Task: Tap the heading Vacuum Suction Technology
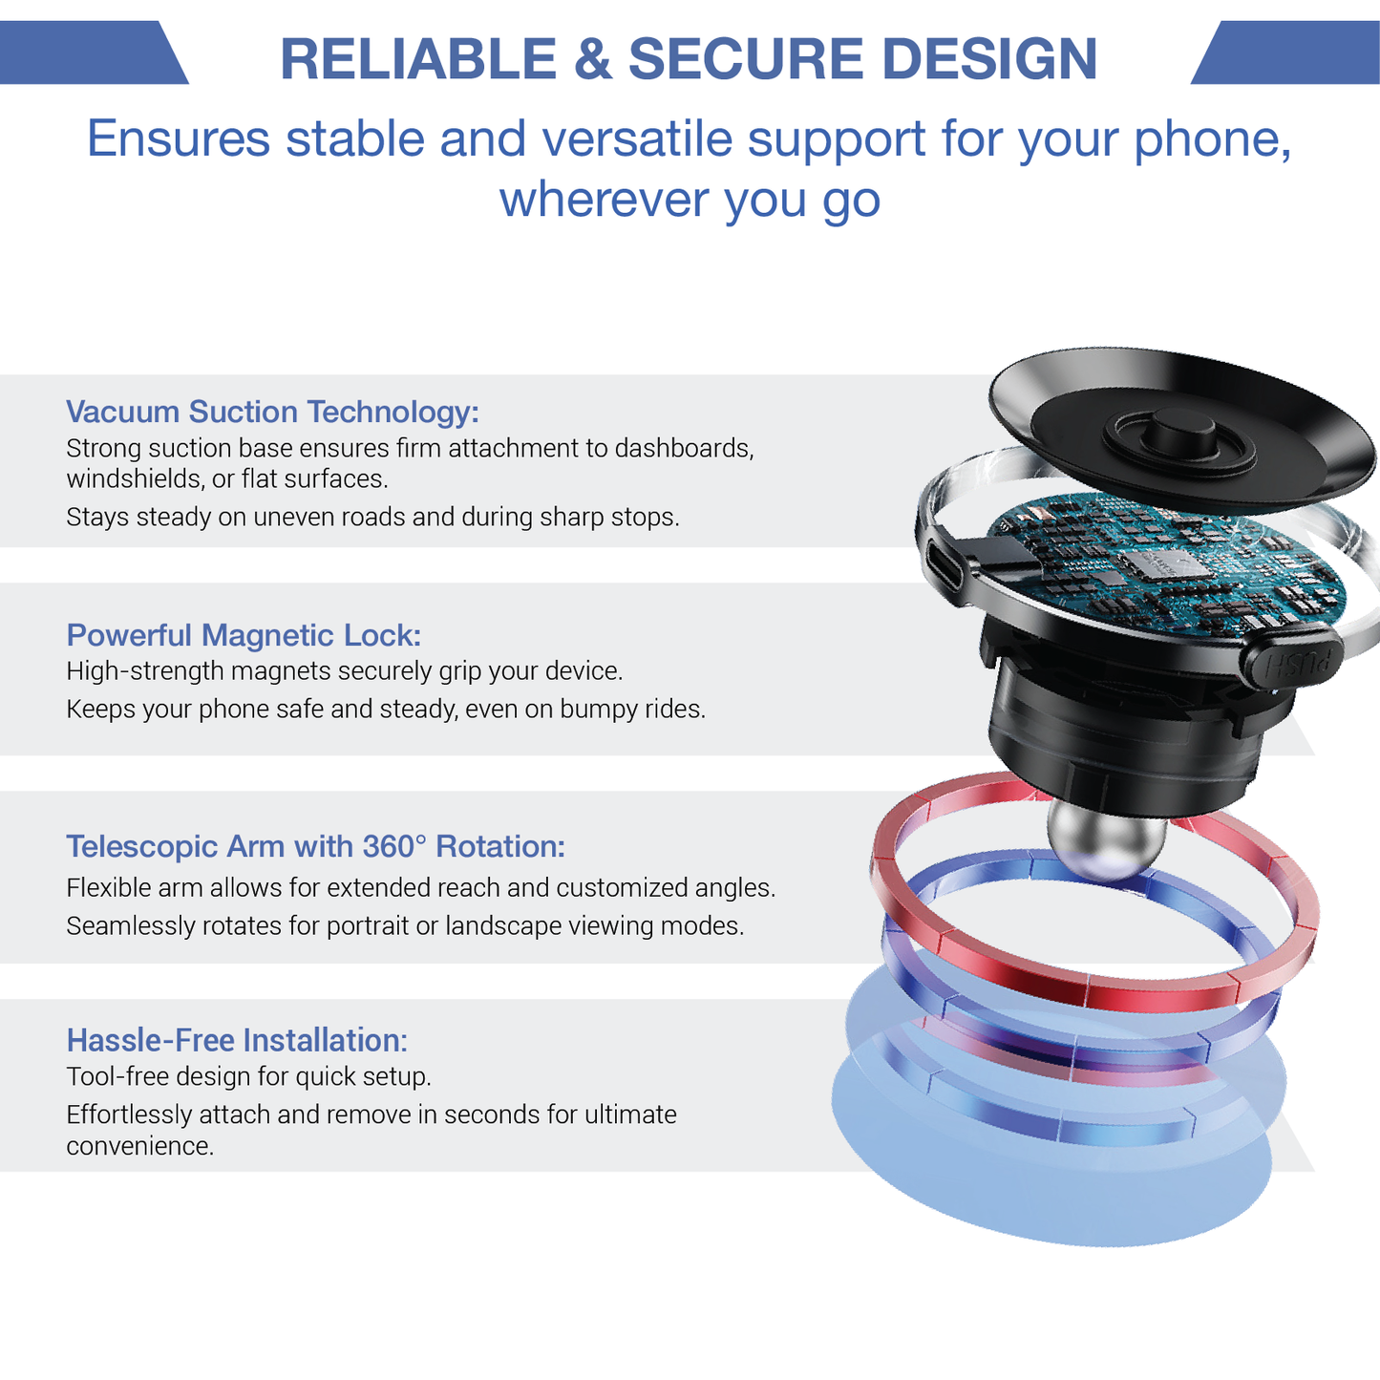coord(272,412)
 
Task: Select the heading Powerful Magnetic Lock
coord(244,635)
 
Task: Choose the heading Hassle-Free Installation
coord(237,1039)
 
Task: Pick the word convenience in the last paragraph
coord(139,1146)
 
